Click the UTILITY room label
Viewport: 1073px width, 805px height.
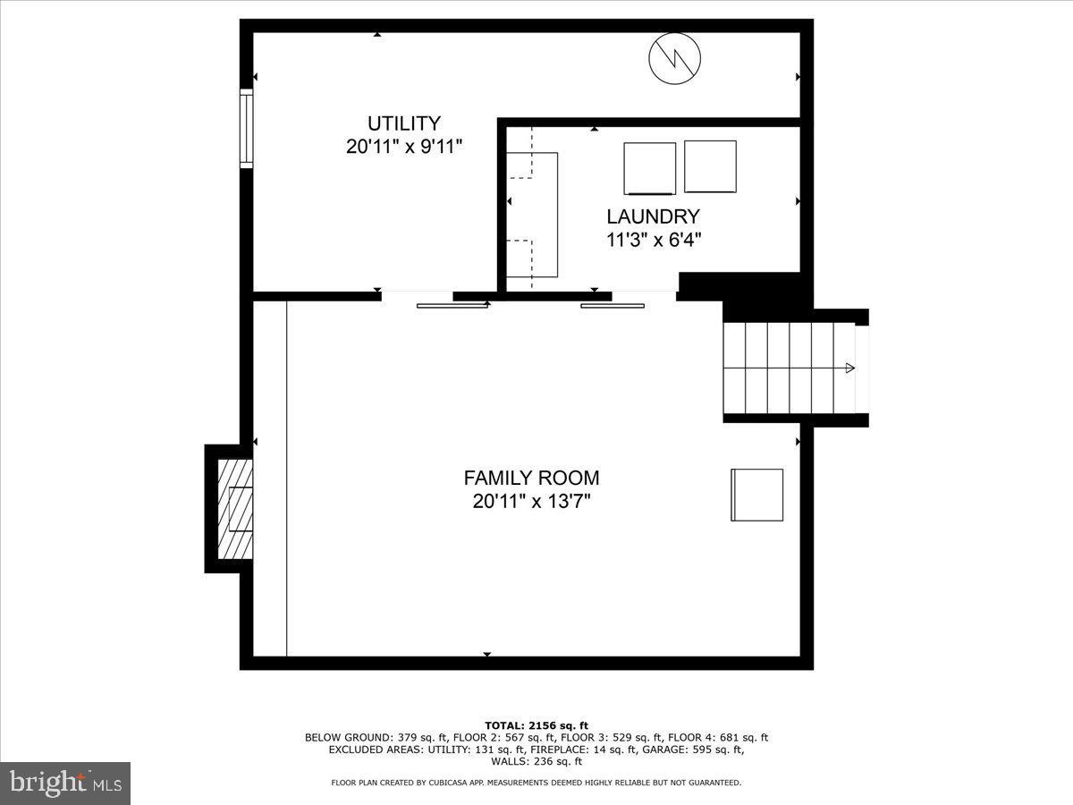(x=404, y=123)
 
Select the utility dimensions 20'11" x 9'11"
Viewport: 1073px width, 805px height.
(x=404, y=147)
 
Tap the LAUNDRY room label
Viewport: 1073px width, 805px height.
(x=653, y=216)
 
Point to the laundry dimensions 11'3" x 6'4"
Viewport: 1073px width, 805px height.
(x=653, y=240)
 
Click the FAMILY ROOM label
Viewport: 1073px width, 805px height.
(x=531, y=478)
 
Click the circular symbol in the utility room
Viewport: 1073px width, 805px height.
(x=674, y=59)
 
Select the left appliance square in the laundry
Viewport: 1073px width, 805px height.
(x=649, y=168)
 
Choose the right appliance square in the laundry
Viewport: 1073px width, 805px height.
(x=710, y=166)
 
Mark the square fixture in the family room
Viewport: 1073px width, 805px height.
(x=757, y=495)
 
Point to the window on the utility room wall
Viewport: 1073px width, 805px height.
(x=246, y=127)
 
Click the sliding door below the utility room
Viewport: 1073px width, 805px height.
(x=452, y=305)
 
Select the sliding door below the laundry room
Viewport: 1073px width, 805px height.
(x=613, y=305)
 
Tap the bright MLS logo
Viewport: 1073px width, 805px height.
(x=65, y=784)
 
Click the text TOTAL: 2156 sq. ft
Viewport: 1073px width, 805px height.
(x=536, y=725)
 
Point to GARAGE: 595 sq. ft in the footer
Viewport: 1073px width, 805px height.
(x=695, y=750)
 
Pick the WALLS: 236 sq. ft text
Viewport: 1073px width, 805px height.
(x=536, y=762)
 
